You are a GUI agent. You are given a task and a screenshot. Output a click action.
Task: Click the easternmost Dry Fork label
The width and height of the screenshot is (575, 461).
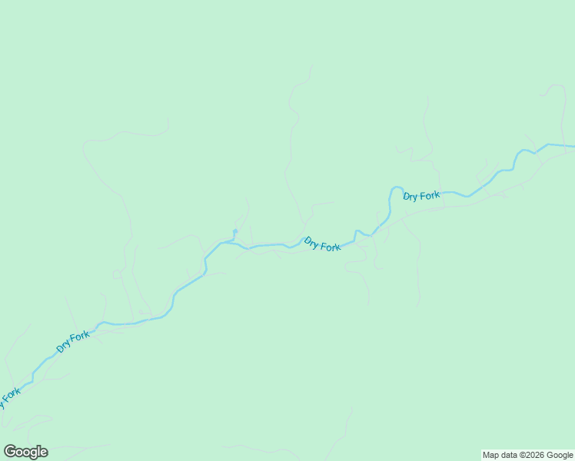(x=421, y=196)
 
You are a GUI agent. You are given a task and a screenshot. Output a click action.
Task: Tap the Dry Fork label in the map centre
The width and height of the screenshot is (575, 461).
(x=322, y=244)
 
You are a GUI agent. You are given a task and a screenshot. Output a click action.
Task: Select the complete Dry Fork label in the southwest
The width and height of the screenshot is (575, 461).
(x=73, y=342)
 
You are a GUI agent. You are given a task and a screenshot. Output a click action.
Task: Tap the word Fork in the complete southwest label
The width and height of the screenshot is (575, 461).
(x=80, y=337)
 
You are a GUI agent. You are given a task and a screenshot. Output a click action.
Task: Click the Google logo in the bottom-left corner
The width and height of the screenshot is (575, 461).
(x=26, y=452)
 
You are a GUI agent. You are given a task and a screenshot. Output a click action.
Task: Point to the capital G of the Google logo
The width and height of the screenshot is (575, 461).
(x=10, y=451)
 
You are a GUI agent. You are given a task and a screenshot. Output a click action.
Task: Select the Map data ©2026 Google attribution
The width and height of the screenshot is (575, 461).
(x=528, y=455)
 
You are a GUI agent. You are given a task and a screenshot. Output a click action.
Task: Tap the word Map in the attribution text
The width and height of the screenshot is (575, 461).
(x=491, y=455)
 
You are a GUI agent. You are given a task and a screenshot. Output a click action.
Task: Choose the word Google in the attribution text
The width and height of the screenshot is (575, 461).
(x=560, y=455)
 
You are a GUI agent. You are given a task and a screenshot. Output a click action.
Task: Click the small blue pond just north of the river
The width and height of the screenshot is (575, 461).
(x=235, y=231)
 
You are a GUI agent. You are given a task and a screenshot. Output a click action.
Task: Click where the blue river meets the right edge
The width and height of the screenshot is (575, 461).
(x=573, y=146)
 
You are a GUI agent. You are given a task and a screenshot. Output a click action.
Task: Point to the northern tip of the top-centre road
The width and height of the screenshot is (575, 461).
(x=312, y=66)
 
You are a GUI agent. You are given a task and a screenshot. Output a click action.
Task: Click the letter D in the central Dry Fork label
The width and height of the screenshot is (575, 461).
(x=307, y=240)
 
